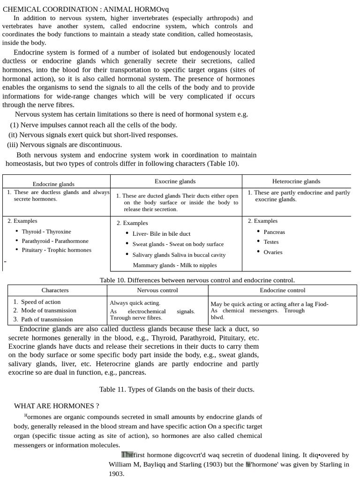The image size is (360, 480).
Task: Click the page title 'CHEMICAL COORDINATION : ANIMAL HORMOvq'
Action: pyautogui.click(x=86, y=9)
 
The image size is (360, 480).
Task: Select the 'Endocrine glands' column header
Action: pyautogui.click(x=53, y=184)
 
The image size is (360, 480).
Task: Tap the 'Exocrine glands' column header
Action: pyautogui.click(x=175, y=181)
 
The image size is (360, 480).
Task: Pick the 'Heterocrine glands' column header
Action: pyautogui.click(x=296, y=181)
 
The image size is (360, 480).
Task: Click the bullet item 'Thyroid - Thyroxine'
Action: pyautogui.click(x=46, y=232)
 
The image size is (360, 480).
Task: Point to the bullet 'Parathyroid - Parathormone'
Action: pyautogui.click(x=55, y=241)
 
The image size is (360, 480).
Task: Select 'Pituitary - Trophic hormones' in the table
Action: pyautogui.click(x=56, y=250)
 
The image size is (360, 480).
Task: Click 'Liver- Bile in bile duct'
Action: pyautogui.click(x=161, y=233)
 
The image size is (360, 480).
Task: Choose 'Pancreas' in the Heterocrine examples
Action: pyautogui.click(x=274, y=232)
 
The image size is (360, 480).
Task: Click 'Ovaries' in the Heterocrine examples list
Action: pyautogui.click(x=273, y=252)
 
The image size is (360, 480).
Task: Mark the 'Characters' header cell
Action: pyautogui.click(x=55, y=290)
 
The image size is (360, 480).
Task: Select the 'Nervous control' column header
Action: pyautogui.click(x=157, y=290)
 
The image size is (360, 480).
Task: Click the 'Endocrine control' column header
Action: pyautogui.click(x=283, y=290)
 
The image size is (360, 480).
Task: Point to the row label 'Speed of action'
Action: pyautogui.click(x=41, y=302)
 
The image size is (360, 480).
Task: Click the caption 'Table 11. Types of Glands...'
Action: pyautogui.click(x=177, y=389)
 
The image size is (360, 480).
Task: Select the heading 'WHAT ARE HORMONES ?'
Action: pyautogui.click(x=56, y=406)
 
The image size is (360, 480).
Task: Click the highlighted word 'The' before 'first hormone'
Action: pyautogui.click(x=127, y=455)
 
